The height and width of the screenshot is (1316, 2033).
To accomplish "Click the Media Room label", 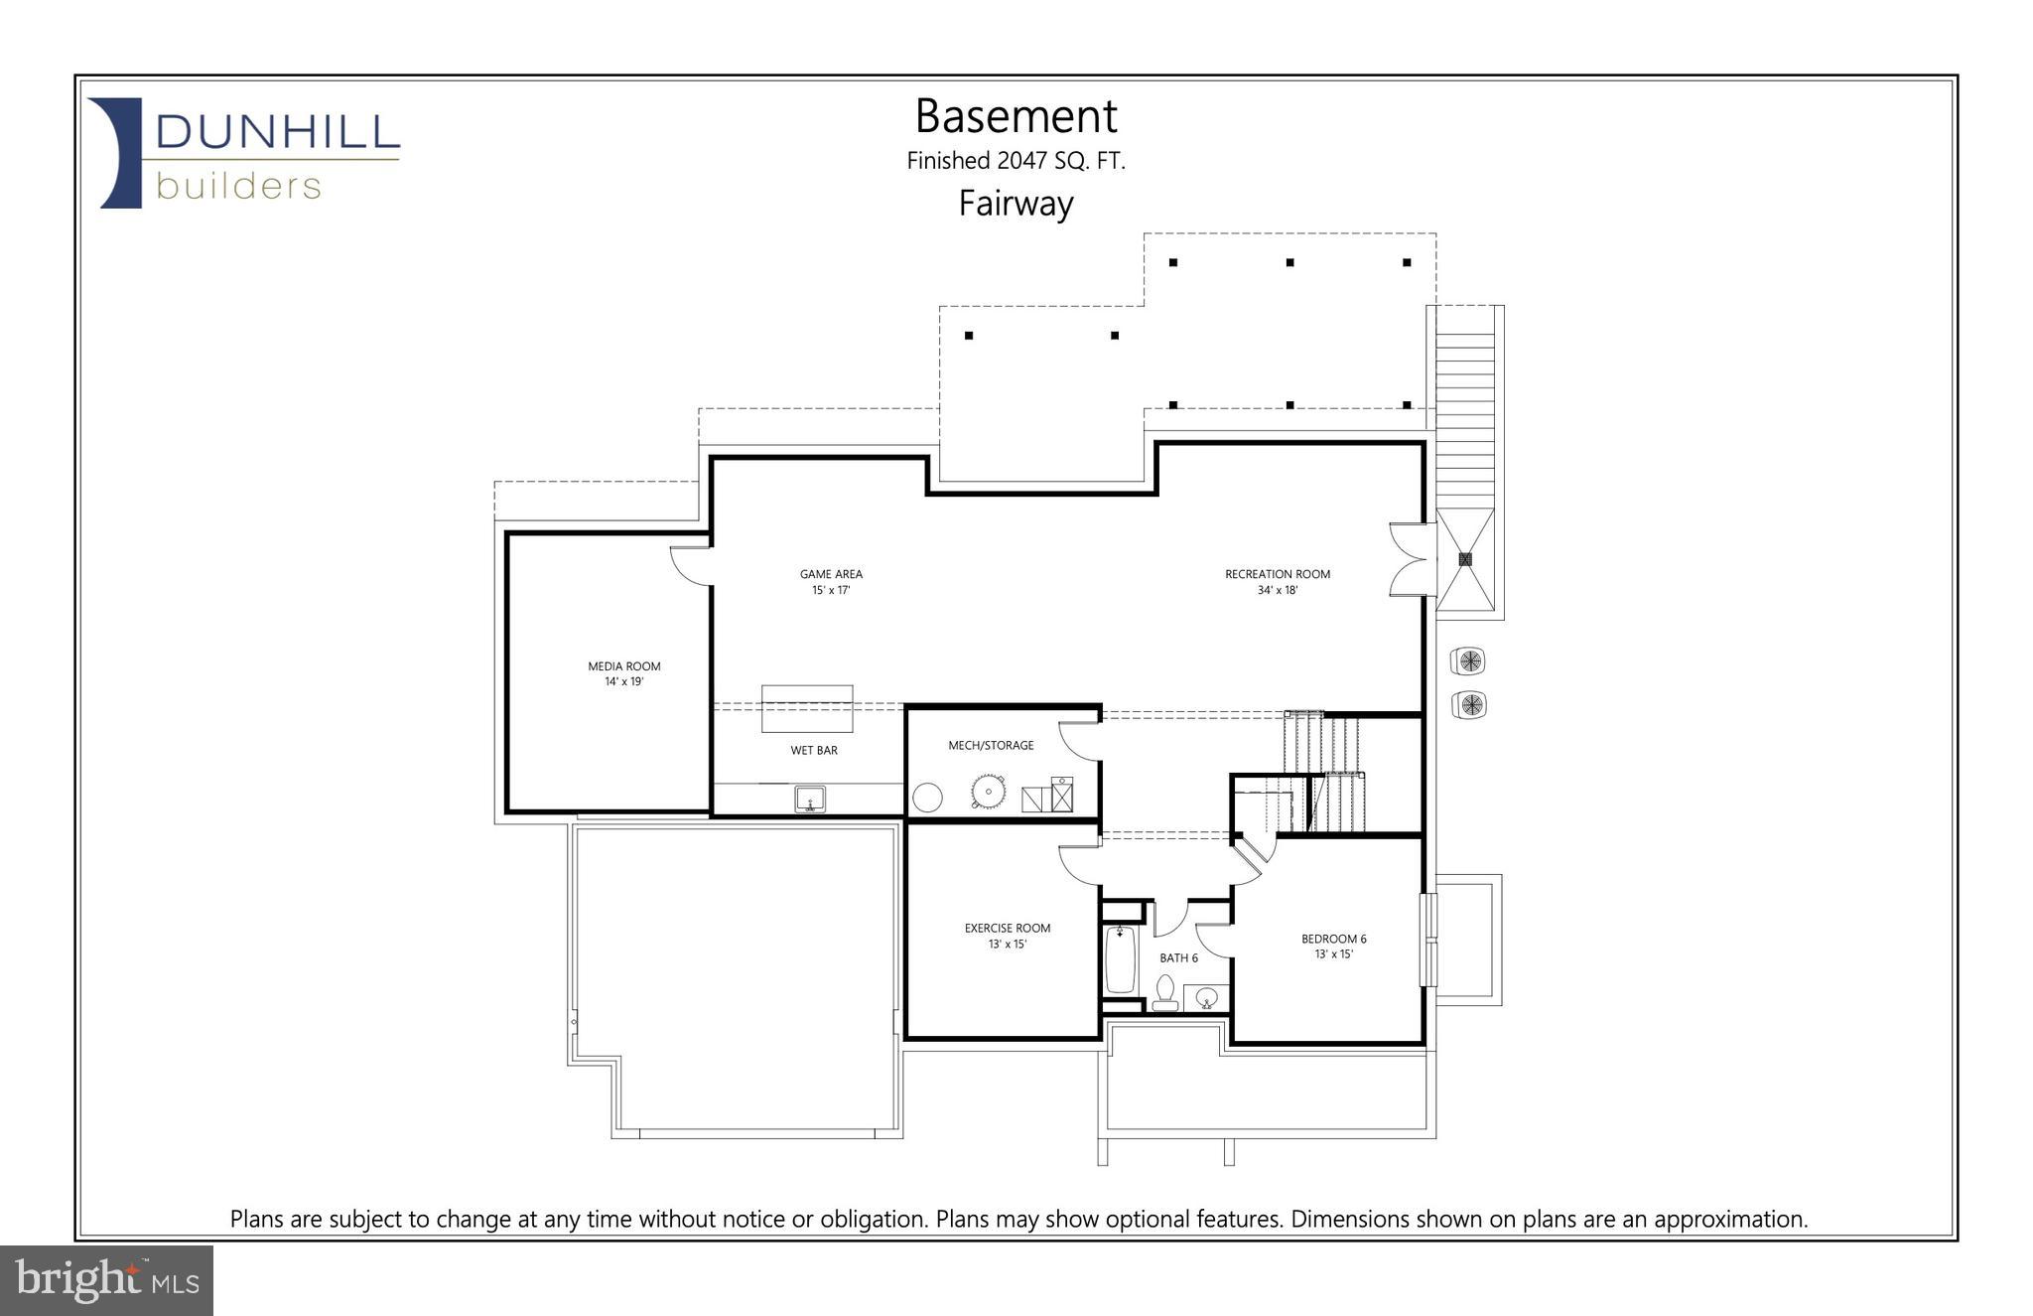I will point(623,665).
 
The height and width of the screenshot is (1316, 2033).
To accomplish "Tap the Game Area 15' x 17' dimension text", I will point(831,590).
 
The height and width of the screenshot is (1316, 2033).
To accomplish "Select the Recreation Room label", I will point(1277,574).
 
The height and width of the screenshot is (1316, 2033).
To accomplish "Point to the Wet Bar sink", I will point(810,799).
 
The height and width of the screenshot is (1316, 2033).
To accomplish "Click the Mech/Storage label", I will point(991,745).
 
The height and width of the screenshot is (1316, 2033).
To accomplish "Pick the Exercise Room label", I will point(1007,928).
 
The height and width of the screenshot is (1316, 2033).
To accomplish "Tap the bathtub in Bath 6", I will point(1120,959).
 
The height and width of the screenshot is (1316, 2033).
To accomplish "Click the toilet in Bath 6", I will point(1165,992).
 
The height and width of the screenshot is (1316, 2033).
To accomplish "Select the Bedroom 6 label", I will point(1333,939).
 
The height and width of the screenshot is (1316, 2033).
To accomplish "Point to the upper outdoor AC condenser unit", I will point(1468,660).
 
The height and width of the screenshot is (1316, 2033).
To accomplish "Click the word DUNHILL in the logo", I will point(277,132).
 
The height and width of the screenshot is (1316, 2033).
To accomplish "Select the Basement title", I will point(1016,116).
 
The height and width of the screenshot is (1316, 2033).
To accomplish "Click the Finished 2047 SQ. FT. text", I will point(1016,161).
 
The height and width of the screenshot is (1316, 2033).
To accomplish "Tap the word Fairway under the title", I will point(1016,204).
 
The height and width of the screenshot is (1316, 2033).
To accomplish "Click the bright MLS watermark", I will point(106,1280).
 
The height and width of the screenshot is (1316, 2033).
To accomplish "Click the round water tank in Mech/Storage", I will point(927,798).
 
